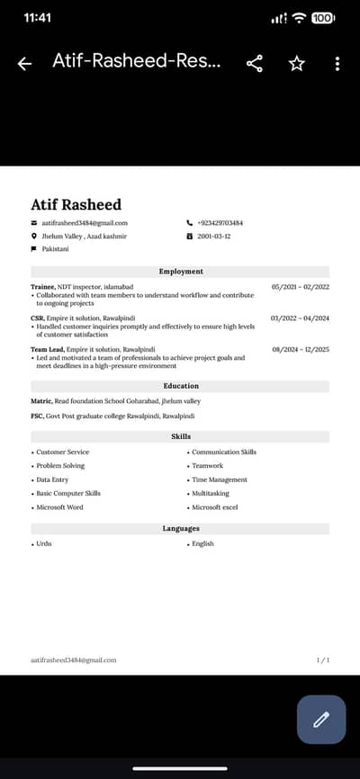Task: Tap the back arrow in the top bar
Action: [24, 63]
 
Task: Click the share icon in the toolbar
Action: [255, 63]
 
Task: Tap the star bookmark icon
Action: [296, 63]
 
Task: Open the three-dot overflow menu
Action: [337, 63]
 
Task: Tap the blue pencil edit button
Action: [321, 719]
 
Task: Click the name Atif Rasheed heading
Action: [76, 204]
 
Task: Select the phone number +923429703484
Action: [220, 223]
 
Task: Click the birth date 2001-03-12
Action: [213, 236]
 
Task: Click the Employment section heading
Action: [181, 272]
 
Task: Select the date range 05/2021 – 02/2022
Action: [301, 287]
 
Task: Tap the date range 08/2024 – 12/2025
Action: [301, 349]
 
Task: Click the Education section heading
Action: [181, 386]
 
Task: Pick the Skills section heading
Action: [181, 436]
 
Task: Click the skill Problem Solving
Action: [60, 466]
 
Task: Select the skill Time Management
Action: [220, 479]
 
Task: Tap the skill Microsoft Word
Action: [59, 507]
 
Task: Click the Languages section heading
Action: [181, 528]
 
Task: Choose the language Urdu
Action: [44, 544]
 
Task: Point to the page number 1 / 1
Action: [323, 660]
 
